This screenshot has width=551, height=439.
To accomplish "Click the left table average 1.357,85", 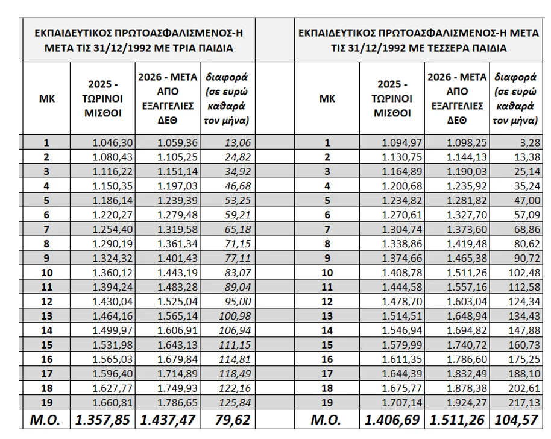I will click(x=102, y=420).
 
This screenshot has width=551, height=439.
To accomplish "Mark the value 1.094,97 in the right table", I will click(x=403, y=142).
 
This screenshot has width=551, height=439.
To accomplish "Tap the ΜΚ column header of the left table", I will click(x=47, y=99).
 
